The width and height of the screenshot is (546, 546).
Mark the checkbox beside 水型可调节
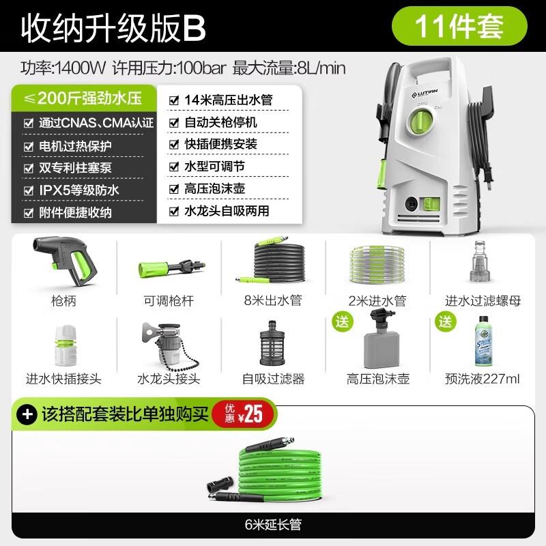point(173,167)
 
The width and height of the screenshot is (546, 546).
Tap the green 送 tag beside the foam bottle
point(341,319)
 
